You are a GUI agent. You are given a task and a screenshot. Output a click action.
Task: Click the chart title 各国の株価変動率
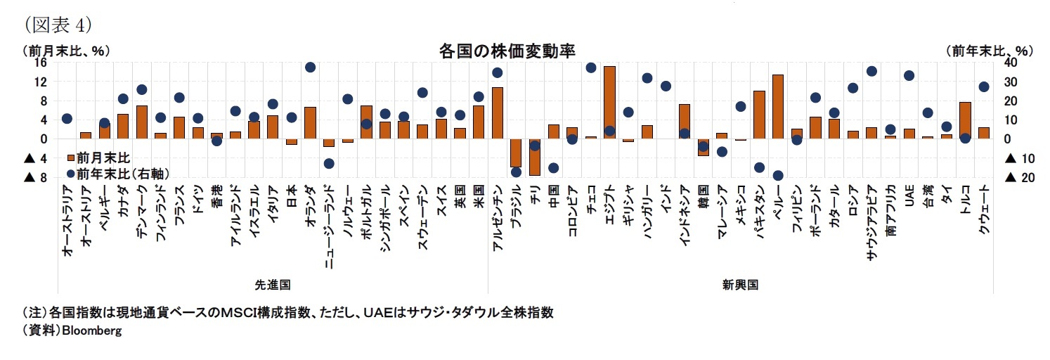tap(507, 51)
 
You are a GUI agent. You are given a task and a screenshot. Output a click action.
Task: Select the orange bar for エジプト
tap(609, 103)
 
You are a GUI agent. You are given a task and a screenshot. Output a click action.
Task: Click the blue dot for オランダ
tap(310, 67)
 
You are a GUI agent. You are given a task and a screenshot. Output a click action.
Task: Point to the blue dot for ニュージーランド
tap(328, 163)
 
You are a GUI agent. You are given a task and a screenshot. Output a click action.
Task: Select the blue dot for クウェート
tap(984, 86)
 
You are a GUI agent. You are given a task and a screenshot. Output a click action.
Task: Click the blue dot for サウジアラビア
tap(871, 71)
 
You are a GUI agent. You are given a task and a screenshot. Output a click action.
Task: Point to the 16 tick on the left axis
tap(40, 62)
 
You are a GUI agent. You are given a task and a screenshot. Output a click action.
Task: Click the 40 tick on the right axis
tap(1010, 62)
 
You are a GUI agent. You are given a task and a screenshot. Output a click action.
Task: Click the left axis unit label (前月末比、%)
tap(66, 51)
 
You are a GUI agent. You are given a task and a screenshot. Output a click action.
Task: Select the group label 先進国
tap(272, 285)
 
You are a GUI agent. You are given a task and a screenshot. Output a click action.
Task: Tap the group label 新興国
tap(740, 285)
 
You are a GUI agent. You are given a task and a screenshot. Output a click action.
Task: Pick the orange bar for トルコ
tap(965, 120)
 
